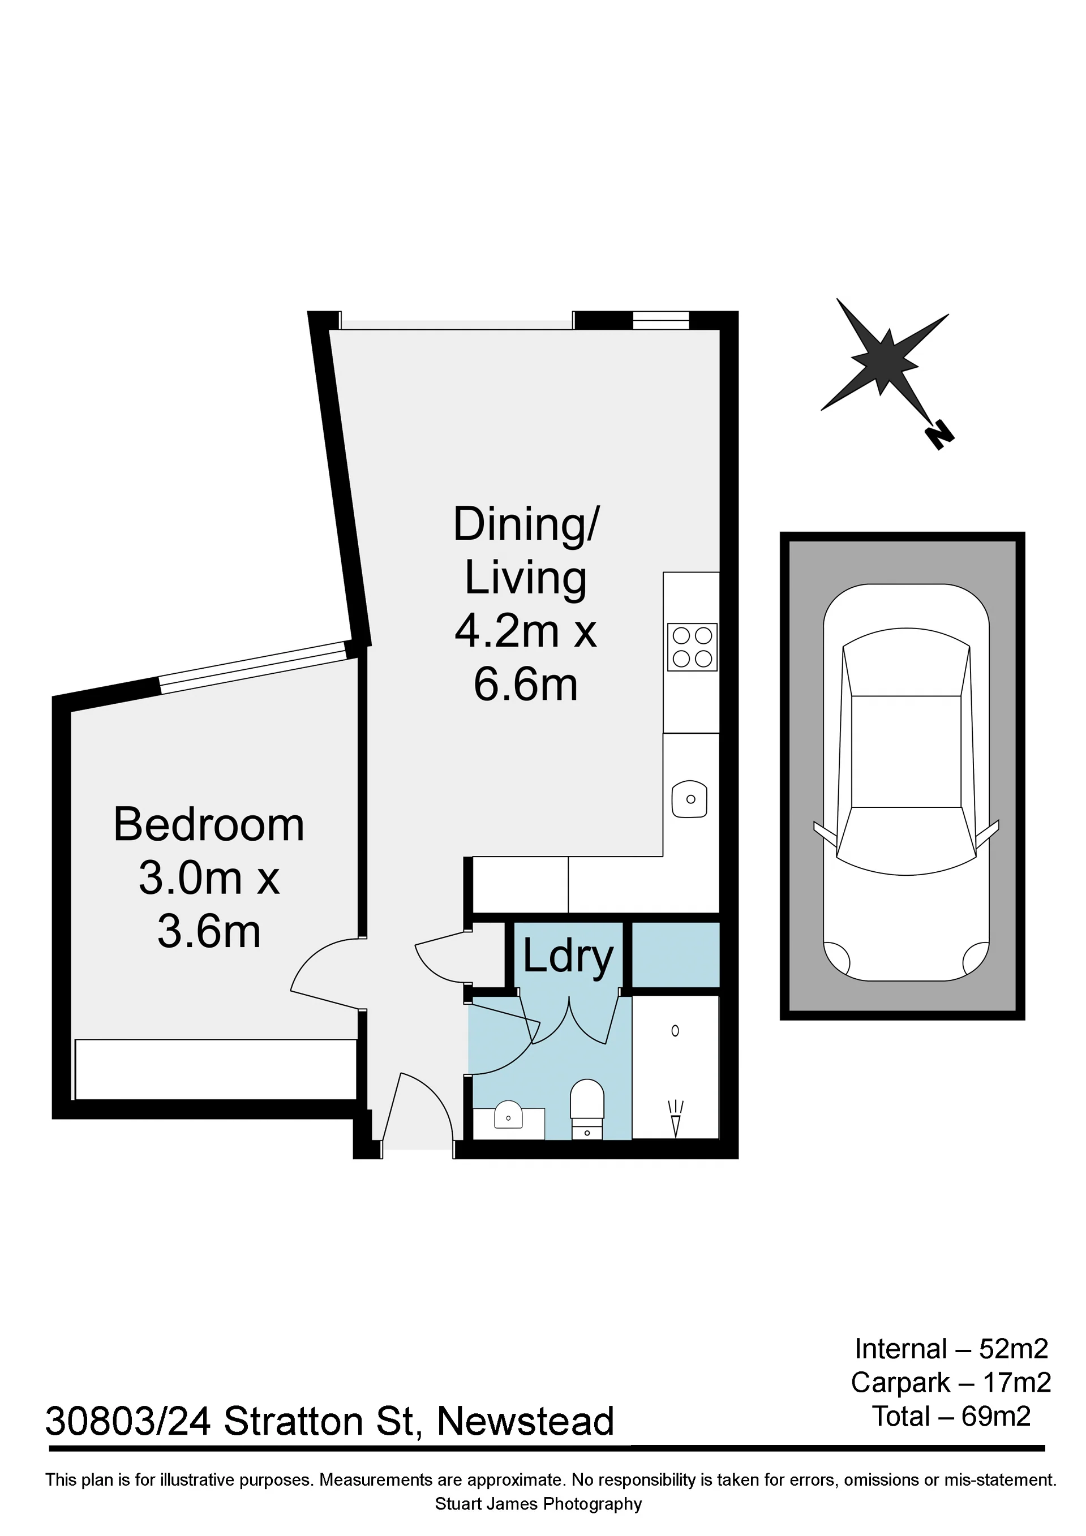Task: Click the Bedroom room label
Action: pos(209,825)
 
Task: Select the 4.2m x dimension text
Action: pos(525,631)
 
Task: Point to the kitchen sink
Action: pos(690,799)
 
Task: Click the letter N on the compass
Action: pos(939,435)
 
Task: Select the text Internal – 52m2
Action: pos(951,1349)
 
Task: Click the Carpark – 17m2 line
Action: pos(951,1383)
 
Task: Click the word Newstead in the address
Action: pos(525,1422)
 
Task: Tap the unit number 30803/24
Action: pos(128,1422)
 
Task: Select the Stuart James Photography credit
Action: pos(539,1504)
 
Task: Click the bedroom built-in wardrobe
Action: pos(216,1069)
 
